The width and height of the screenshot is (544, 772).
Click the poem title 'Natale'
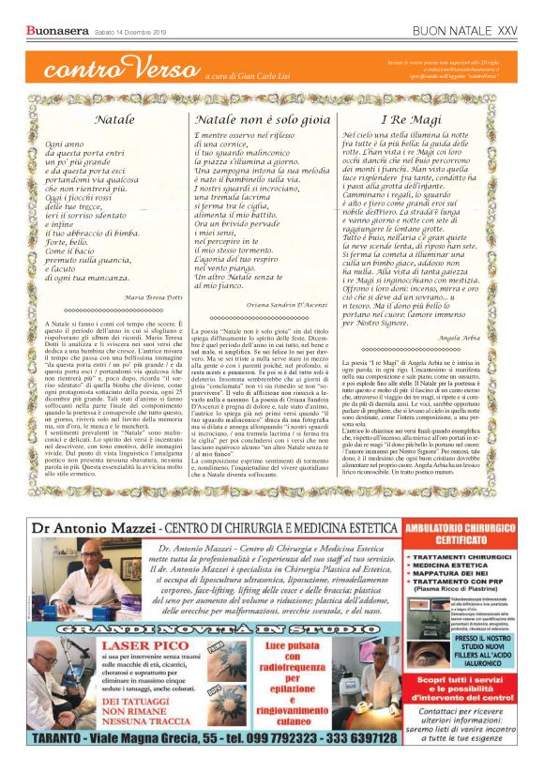(114, 120)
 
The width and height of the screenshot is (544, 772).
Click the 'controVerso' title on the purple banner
(113, 68)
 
